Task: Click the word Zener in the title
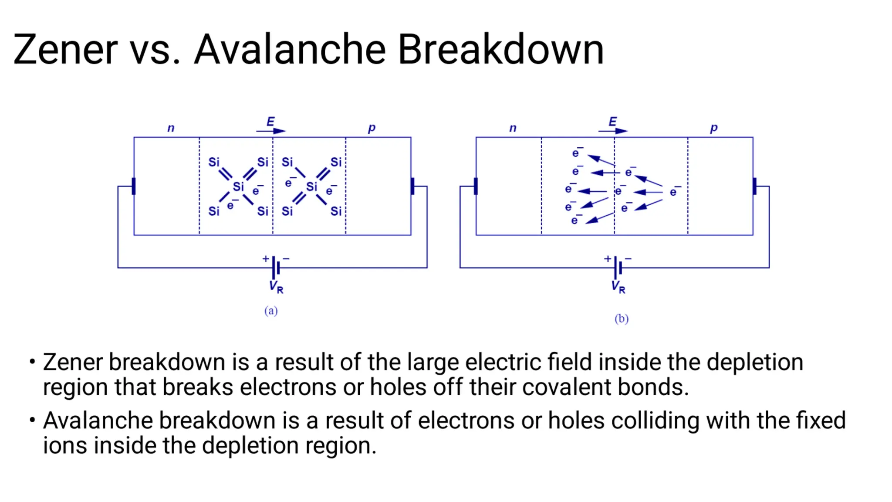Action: click(x=65, y=49)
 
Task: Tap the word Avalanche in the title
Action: click(x=290, y=49)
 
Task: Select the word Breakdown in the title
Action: click(x=500, y=49)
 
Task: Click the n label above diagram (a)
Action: click(x=171, y=128)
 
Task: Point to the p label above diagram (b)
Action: click(x=713, y=128)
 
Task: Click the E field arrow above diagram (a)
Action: click(x=271, y=130)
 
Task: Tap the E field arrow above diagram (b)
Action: click(x=613, y=130)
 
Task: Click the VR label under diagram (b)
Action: click(x=618, y=287)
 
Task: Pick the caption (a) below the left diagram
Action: click(x=271, y=311)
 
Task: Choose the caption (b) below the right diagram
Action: click(x=622, y=319)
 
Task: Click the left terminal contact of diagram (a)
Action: click(x=134, y=186)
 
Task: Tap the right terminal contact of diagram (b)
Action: click(x=754, y=186)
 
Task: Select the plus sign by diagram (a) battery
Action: click(x=266, y=259)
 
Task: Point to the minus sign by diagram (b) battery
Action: click(x=628, y=259)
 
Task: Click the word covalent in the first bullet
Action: click(x=567, y=387)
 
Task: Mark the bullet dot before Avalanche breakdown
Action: click(x=32, y=420)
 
